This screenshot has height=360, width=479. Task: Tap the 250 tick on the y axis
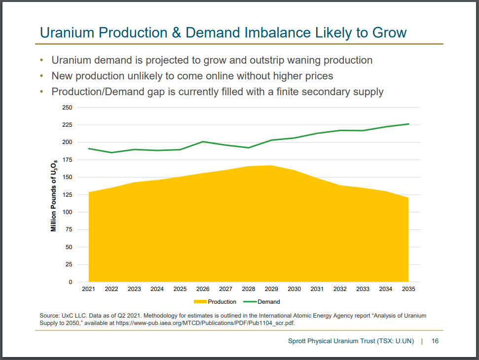[x=67, y=108]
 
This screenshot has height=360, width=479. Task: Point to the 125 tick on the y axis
[x=67, y=195]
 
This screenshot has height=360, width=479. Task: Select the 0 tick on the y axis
[x=70, y=282]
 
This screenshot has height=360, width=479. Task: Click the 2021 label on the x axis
[x=88, y=289]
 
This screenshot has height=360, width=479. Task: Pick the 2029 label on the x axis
[x=271, y=289]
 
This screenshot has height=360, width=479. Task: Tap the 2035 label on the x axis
[x=408, y=289]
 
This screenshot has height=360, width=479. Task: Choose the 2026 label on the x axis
[x=203, y=289]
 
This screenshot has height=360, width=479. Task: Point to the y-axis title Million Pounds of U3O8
[x=54, y=195]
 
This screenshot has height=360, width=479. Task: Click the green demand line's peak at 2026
[x=203, y=142]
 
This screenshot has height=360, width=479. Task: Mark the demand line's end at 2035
[x=408, y=124]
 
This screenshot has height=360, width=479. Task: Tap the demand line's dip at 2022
[x=111, y=152]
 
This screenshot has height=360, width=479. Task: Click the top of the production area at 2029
[x=271, y=166]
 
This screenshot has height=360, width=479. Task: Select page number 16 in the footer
[x=435, y=341]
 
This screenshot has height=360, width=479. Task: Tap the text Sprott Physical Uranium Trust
[x=335, y=341]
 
